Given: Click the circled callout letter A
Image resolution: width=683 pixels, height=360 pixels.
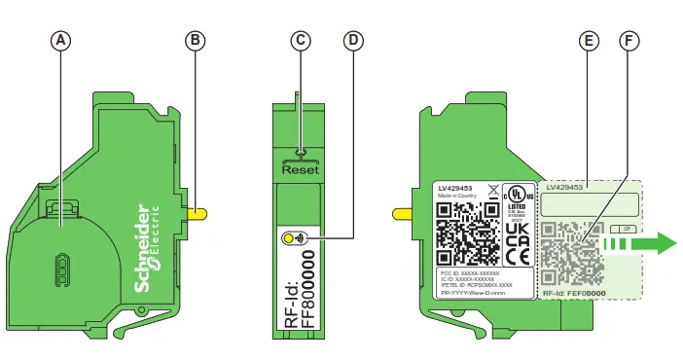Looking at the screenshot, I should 61,41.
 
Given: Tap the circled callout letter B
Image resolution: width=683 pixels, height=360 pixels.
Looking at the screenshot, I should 196,41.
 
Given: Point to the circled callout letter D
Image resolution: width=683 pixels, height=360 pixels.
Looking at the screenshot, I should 353,41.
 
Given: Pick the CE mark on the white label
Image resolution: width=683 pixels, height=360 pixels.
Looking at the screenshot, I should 518,257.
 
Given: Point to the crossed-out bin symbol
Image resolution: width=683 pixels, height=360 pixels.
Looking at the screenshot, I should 492,190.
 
